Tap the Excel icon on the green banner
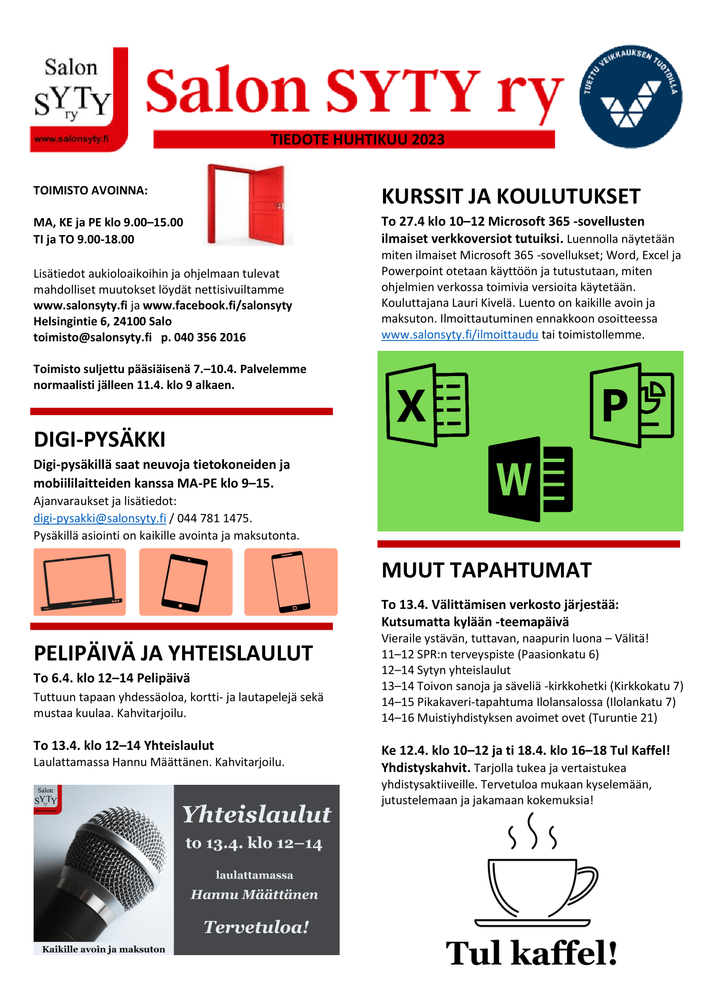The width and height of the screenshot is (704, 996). (x=427, y=405)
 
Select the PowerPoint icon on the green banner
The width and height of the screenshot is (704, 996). (x=631, y=405)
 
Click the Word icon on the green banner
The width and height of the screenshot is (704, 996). (x=530, y=479)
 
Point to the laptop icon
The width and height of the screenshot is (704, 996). (x=80, y=582)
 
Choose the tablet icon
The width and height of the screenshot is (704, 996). (x=185, y=582)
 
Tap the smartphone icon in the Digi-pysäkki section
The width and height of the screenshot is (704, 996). (x=290, y=582)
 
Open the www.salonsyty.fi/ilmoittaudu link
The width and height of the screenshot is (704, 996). (x=460, y=335)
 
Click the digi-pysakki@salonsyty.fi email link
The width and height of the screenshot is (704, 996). (x=100, y=518)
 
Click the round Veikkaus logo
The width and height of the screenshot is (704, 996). (x=630, y=96)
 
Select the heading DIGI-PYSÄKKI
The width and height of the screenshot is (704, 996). (x=100, y=439)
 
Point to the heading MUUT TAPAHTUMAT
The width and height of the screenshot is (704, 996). (x=487, y=570)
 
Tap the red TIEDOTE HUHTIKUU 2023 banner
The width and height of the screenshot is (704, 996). (x=354, y=140)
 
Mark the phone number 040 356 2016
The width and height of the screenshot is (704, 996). (x=209, y=338)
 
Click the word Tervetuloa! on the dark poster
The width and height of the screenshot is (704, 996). (x=256, y=927)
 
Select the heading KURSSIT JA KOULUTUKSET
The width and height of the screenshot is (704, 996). (x=511, y=196)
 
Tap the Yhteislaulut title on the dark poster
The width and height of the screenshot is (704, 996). (x=256, y=815)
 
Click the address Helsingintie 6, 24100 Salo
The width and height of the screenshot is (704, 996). (x=102, y=321)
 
